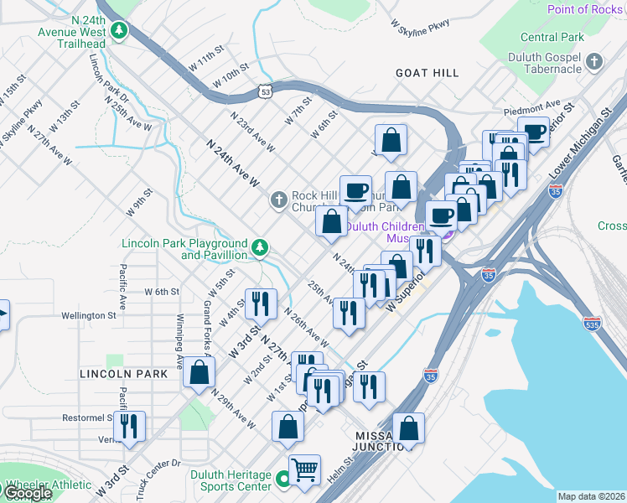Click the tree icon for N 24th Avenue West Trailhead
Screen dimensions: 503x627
coord(119,31)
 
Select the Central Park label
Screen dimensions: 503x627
coord(552,38)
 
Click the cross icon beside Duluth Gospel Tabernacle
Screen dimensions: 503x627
coord(594,61)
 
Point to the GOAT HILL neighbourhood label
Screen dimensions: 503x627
coord(427,73)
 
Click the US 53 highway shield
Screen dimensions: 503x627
coord(266,90)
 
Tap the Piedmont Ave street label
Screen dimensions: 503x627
coord(531,109)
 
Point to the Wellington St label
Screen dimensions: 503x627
coord(88,316)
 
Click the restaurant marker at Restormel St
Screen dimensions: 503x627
coord(129,426)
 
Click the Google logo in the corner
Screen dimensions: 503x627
coord(27,493)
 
